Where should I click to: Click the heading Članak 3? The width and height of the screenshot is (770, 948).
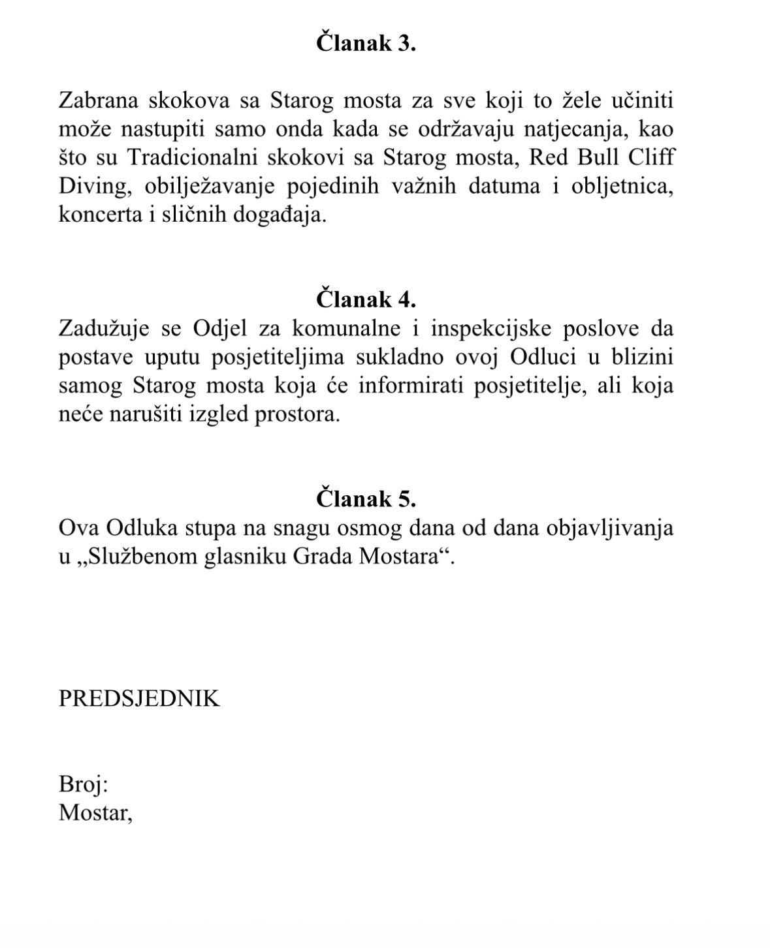tap(366, 44)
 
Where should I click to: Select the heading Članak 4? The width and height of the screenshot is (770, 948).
tap(366, 299)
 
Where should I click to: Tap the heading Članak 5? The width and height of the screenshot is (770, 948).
tap(366, 499)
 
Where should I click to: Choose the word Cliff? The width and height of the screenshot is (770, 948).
tap(650, 158)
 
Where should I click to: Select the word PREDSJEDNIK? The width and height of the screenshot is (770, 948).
tap(139, 699)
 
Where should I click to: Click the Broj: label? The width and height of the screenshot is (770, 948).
tap(83, 784)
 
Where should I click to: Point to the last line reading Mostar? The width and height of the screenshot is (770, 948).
tap(95, 812)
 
